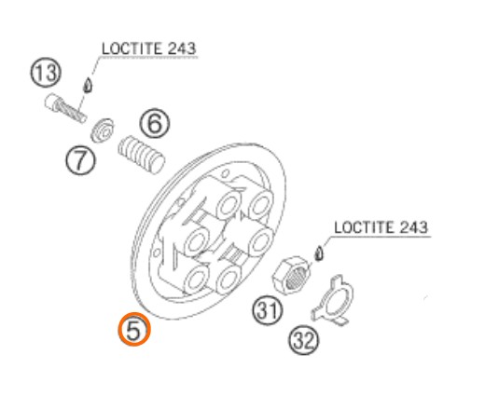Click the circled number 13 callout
pos(46,74)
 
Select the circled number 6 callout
pos(155,123)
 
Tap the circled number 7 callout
pos(80,160)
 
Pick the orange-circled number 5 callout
pos(134,329)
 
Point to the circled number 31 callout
pos(268,310)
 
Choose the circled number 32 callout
pos(304,340)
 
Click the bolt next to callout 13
pos(65,108)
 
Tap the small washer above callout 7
pos(102,130)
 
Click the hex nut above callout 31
pos(291,276)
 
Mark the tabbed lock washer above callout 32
pos(333,300)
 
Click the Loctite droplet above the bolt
pos(88,85)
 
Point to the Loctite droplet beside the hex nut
pos(319,253)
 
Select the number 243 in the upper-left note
pos(182,48)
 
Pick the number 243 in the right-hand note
pos(414,227)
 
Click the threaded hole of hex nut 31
pos(297,278)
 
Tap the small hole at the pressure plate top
pos(226,173)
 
